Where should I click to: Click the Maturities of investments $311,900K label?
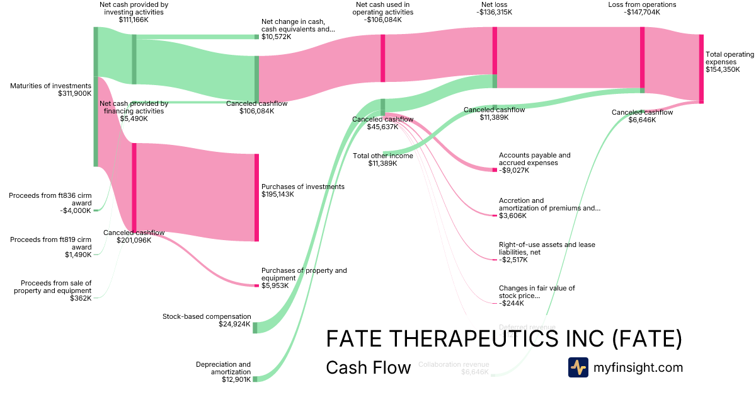click(50, 89)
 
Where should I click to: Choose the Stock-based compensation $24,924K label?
click(207, 321)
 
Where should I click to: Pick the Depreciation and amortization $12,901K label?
click(223, 372)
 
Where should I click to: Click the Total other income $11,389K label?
click(383, 159)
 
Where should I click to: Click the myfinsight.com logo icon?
click(578, 367)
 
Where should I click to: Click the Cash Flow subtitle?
click(369, 367)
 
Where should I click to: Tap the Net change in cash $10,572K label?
click(298, 29)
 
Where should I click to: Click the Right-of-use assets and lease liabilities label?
click(546, 252)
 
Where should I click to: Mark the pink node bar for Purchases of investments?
click(256, 197)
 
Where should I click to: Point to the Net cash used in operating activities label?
click(382, 12)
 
